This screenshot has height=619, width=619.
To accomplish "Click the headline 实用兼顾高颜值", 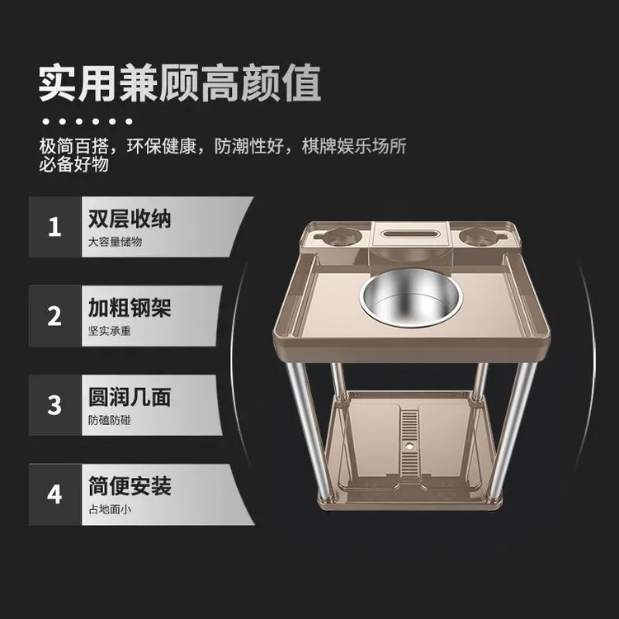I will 180,84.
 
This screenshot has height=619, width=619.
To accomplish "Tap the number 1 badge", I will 55,227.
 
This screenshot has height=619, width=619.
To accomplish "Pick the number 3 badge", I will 55,405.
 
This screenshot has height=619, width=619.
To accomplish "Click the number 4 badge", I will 55,494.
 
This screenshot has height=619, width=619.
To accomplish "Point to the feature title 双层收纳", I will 130,220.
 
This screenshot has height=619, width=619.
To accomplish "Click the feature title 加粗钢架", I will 130,309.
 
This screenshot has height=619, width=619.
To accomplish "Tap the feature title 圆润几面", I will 130,398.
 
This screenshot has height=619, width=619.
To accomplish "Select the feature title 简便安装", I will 130,487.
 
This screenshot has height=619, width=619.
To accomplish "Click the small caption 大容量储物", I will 116,243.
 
